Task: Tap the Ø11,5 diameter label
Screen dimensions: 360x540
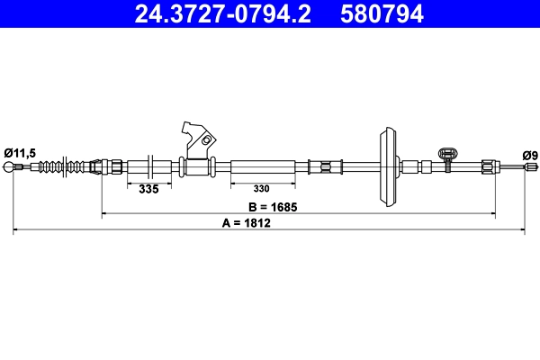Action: (19, 154)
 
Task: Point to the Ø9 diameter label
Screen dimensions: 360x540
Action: (530, 155)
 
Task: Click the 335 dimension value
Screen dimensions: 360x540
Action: (148, 189)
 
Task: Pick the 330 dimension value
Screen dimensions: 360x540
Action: (261, 189)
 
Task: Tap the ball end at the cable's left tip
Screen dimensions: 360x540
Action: (13, 167)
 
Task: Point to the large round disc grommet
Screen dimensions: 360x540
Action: (388, 166)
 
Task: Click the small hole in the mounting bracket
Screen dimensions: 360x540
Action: (207, 140)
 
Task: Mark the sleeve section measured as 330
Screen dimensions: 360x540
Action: (263, 166)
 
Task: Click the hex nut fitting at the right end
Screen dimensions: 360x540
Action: (487, 166)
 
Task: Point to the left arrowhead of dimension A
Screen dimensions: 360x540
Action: (16, 232)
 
